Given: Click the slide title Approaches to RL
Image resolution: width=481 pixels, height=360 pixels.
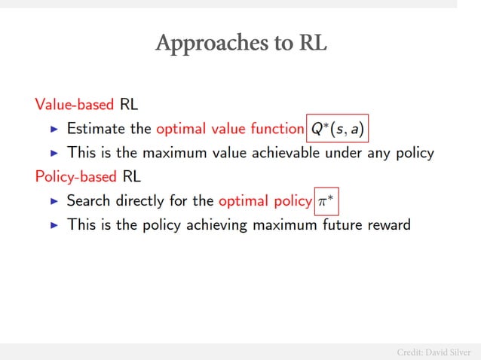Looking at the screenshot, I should click(x=240, y=43).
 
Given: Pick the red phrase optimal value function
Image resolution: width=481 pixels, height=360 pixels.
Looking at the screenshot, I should click(x=229, y=130).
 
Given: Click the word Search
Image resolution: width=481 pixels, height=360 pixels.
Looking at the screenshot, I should click(x=89, y=201).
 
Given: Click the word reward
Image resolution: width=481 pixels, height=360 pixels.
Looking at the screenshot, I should click(x=387, y=224).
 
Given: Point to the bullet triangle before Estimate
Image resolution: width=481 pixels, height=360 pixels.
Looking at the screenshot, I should click(x=54, y=130).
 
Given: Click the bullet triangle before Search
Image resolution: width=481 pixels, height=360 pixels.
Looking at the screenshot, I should click(x=54, y=201).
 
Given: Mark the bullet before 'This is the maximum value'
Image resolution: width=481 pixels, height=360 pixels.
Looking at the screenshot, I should click(x=54, y=153).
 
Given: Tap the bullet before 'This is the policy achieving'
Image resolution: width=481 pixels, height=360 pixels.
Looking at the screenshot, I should click(x=54, y=224).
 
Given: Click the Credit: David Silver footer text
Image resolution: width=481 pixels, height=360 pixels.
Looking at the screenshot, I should click(x=434, y=352).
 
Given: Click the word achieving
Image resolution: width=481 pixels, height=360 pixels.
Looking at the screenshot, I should click(x=216, y=224).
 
